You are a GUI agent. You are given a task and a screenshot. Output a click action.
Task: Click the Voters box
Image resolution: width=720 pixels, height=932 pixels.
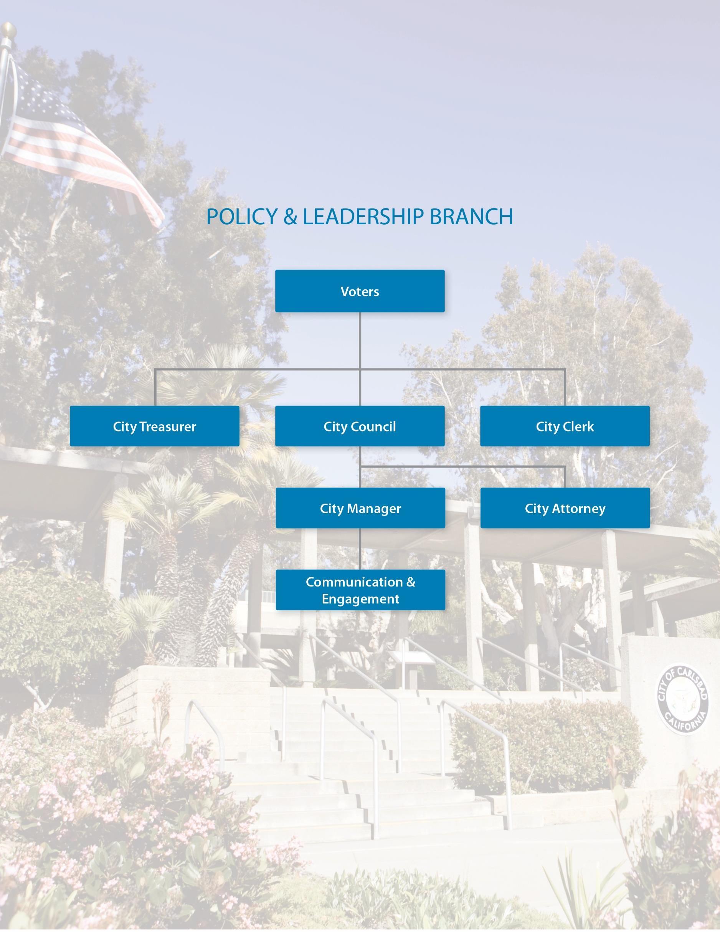coord(360,291)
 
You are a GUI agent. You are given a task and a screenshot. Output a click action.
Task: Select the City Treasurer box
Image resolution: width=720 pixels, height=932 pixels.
coord(155,426)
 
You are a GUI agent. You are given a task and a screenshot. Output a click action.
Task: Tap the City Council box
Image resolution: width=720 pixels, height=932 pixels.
coord(360,426)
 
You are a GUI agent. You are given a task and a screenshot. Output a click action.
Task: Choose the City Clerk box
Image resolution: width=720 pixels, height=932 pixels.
coord(565,426)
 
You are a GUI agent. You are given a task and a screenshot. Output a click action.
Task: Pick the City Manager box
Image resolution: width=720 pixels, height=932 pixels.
coord(360,508)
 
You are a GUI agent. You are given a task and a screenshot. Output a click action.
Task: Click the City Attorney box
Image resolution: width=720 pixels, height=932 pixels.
coord(565,508)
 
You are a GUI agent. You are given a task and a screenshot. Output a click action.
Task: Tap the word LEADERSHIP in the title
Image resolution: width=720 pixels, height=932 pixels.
coord(363,216)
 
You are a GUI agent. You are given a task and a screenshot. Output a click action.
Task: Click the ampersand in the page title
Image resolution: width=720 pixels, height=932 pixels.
coord(290,216)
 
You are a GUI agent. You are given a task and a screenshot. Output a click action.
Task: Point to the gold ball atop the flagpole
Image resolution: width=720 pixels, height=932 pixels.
coord(8,30)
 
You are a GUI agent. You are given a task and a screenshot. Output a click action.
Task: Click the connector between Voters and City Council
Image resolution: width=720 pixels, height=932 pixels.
coord(360,341)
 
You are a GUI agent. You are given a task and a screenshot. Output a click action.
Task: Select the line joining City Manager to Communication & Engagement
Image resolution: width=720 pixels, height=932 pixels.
coord(360,549)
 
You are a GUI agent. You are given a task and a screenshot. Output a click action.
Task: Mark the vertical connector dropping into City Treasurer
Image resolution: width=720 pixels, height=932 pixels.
coord(155,387)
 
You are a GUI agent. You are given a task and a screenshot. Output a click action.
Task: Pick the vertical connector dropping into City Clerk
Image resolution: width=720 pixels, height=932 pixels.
coord(565,387)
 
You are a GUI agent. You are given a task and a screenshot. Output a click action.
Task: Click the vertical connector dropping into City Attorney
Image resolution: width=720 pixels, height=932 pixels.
coord(565,477)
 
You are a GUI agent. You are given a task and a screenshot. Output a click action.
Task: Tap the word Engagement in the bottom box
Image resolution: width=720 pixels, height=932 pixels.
coord(360,599)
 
